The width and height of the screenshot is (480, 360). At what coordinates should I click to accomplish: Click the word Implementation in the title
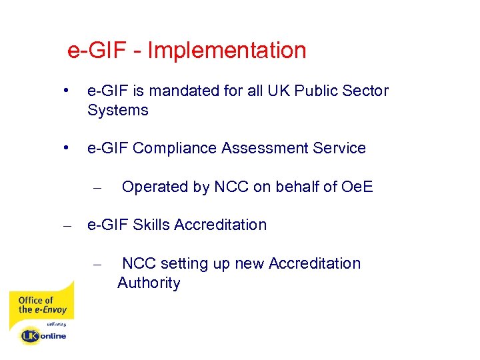click(x=227, y=51)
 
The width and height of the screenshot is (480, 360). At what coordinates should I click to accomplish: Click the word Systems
click(x=117, y=110)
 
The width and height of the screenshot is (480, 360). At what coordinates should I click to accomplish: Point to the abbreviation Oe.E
click(x=357, y=187)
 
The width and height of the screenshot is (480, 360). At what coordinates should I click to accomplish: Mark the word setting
click(x=187, y=264)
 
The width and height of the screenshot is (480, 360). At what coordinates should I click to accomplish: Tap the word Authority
click(x=149, y=283)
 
